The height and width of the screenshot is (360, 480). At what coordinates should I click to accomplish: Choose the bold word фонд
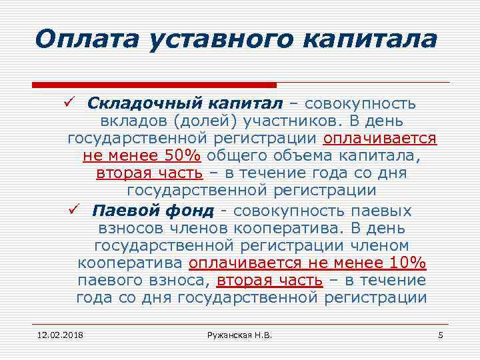[x=191, y=211]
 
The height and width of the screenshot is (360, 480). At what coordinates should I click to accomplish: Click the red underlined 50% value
[x=182, y=157]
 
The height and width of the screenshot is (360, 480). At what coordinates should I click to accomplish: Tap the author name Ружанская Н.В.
[x=239, y=334]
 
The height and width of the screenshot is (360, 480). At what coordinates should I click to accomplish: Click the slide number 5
[x=440, y=334]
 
